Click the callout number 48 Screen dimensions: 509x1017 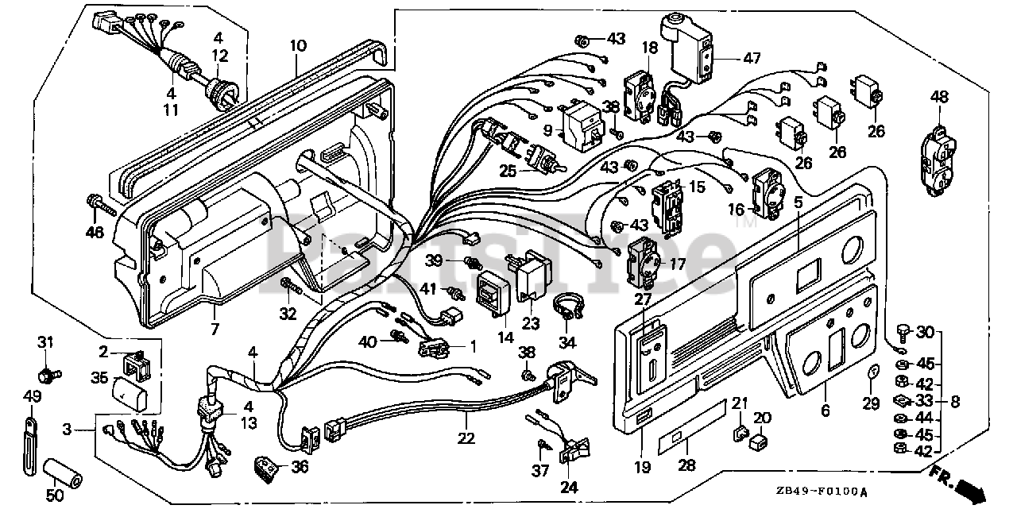939,97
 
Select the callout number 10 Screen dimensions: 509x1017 298,46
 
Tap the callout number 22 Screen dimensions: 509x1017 465,438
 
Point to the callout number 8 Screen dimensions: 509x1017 954,402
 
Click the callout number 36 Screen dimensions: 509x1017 299,467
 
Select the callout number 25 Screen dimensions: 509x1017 508,170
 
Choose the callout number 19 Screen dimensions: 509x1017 642,468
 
